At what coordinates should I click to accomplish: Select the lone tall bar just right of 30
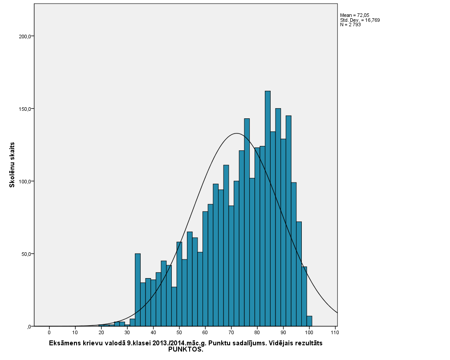[x=138, y=290]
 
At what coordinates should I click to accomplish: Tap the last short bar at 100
[x=309, y=321]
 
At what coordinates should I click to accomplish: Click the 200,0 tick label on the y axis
[x=24, y=36]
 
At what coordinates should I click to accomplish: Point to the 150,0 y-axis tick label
[x=24, y=109]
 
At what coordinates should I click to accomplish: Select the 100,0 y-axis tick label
[x=24, y=182]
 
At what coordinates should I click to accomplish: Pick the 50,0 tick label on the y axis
[x=24, y=254]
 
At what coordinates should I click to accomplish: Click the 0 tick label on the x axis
[x=49, y=332]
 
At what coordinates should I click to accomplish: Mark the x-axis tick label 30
[x=127, y=332]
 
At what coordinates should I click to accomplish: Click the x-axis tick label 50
[x=179, y=332]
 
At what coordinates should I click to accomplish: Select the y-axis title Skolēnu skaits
[x=12, y=165]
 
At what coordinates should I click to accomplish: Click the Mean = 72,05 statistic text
[x=355, y=15]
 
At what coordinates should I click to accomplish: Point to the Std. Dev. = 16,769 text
[x=360, y=20]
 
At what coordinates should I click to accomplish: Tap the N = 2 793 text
[x=350, y=25]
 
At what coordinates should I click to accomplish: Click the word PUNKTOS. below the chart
[x=186, y=350]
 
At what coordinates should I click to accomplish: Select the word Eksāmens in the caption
[x=65, y=344]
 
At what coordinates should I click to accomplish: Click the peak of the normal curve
[x=236, y=133]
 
